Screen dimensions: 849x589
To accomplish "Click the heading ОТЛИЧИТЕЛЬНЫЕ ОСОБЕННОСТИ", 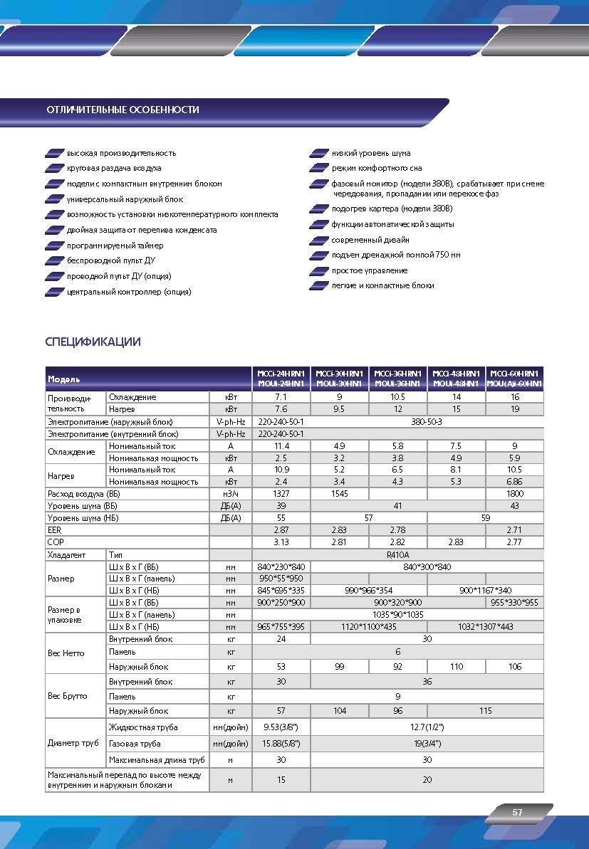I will coord(123,110).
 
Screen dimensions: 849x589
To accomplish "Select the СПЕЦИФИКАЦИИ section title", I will coord(93,342).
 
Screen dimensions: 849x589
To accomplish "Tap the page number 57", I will coord(517,812).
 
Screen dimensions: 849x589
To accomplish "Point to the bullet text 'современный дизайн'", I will coord(369,240).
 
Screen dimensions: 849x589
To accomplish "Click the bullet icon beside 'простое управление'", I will coord(318,271).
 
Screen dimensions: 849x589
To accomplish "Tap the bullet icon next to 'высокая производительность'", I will coord(53,154).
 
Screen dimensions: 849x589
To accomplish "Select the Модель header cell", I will coord(64,379).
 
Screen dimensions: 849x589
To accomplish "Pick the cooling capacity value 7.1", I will coord(281,397).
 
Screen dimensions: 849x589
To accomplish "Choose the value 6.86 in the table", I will coord(514,482).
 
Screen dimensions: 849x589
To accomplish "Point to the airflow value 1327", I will coord(281,493).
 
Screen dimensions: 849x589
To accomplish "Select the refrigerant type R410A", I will coord(397,554).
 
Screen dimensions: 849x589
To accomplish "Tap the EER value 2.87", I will coord(281,530).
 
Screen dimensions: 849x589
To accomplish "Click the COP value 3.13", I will coord(281,542).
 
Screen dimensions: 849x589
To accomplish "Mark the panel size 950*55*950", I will coord(281,579).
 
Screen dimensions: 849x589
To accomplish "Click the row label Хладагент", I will coord(66,554).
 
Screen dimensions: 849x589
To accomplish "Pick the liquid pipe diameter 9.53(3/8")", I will coord(281,727).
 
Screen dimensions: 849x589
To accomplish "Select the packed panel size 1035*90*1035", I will coord(397,614).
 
